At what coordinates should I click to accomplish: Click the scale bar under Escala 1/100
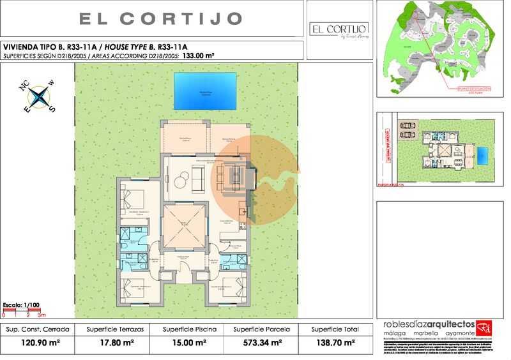(24, 312)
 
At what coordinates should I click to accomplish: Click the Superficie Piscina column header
(189, 329)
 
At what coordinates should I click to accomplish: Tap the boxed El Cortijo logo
(338, 29)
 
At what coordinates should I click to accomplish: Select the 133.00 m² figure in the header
(198, 56)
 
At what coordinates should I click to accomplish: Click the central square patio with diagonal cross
(183, 227)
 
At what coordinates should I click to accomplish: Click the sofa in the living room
(197, 180)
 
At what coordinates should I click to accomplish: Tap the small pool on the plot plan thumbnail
(483, 155)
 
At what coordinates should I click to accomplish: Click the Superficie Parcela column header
(261, 329)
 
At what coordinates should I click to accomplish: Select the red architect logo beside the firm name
(485, 327)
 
